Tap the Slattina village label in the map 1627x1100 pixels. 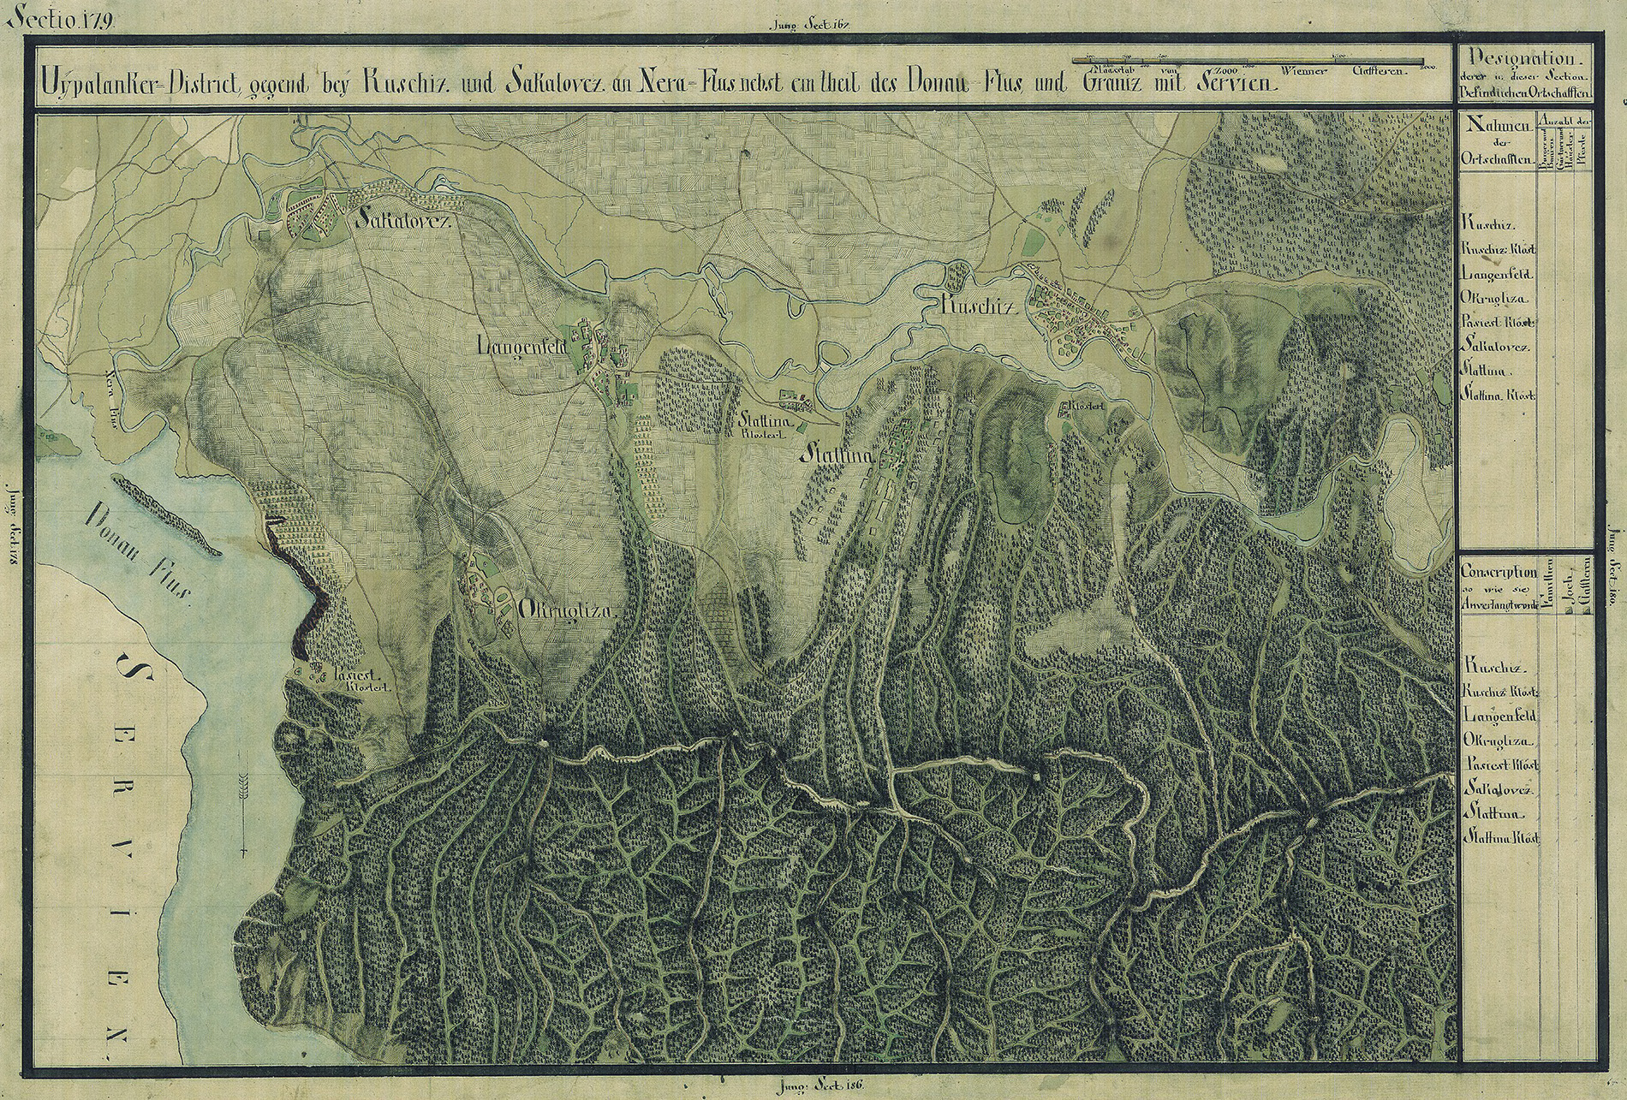click(x=837, y=457)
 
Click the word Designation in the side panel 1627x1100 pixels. click(x=1521, y=59)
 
